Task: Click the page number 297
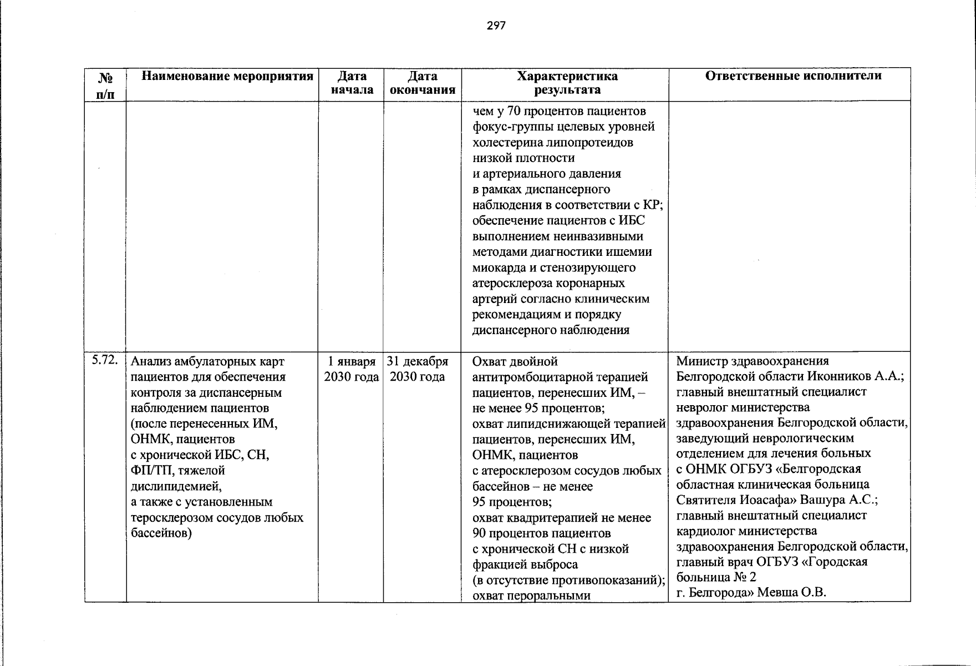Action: click(496, 26)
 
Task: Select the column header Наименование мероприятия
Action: click(227, 76)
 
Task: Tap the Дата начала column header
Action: click(352, 83)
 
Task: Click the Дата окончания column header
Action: click(423, 83)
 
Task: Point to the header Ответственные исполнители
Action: click(793, 76)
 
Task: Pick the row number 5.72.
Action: click(105, 360)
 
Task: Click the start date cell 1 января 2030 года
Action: click(352, 369)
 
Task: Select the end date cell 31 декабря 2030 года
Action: click(418, 369)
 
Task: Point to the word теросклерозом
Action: click(176, 518)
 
